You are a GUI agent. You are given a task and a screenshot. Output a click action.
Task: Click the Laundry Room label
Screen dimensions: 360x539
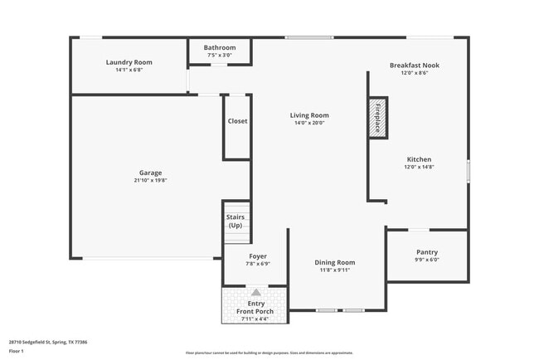click(x=129, y=62)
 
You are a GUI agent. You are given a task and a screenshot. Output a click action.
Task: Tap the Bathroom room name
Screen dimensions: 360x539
click(x=221, y=47)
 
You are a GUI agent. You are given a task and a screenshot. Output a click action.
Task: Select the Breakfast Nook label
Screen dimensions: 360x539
click(x=415, y=65)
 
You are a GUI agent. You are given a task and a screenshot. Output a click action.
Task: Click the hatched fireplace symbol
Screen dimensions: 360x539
click(x=377, y=118)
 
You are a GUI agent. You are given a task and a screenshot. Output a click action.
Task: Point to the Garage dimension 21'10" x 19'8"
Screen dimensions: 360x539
click(x=150, y=181)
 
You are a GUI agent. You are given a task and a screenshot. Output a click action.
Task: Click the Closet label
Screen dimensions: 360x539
click(x=237, y=121)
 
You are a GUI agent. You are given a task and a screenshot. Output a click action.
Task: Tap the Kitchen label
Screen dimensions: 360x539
click(x=419, y=159)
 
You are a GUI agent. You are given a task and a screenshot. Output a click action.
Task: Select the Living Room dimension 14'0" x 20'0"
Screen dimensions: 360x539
click(x=308, y=123)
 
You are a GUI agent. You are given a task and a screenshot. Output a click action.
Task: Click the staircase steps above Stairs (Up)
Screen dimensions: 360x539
click(x=237, y=208)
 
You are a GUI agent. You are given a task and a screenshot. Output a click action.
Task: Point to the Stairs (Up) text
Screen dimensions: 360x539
click(x=236, y=221)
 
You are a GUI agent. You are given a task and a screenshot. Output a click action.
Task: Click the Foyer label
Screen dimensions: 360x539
click(x=258, y=256)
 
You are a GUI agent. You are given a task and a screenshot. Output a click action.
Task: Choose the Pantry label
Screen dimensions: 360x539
click(x=427, y=252)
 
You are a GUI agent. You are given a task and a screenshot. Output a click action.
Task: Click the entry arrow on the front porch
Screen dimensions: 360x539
click(x=255, y=293)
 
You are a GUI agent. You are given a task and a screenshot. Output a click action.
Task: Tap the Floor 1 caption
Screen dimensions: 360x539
click(x=17, y=351)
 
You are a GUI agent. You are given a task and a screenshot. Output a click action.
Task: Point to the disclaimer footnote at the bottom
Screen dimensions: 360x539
click(x=269, y=353)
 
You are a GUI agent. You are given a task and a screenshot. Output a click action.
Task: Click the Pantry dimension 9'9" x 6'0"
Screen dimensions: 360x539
click(x=427, y=260)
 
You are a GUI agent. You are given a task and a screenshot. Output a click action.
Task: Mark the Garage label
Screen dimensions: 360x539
click(x=150, y=173)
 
